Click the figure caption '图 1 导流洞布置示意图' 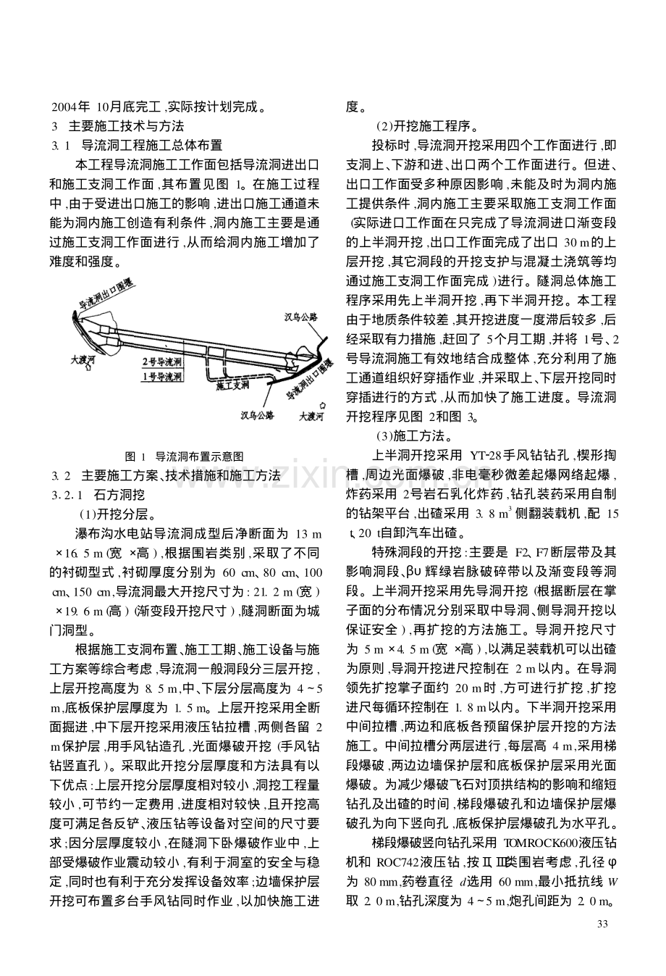point(185,456)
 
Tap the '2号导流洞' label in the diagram point(162,361)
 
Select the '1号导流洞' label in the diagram point(162,377)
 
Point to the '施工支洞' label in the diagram point(232,386)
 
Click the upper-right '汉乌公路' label point(301,317)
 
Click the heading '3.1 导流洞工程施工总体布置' point(137,146)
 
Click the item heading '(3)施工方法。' point(413,436)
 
